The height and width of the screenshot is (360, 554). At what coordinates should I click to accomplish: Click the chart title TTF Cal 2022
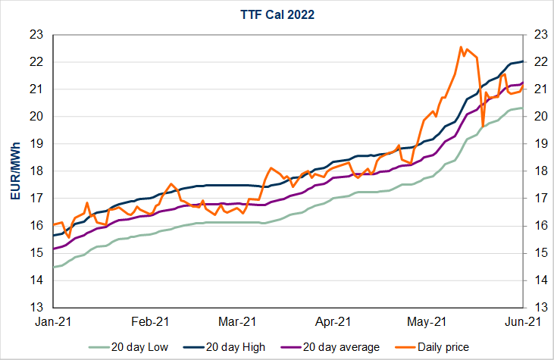click(x=277, y=14)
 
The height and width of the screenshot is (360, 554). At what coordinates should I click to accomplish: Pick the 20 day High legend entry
click(x=232, y=347)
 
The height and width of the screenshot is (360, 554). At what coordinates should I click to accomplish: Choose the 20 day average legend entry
click(x=330, y=347)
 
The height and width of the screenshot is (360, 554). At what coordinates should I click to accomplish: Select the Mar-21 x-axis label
click(x=240, y=321)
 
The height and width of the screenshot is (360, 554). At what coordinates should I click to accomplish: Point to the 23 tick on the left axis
click(x=36, y=34)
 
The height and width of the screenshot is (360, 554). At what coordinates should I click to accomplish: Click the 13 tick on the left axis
click(x=36, y=308)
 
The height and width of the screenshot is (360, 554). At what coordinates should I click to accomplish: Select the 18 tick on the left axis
click(x=36, y=171)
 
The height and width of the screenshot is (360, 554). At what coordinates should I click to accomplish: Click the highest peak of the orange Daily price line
click(x=461, y=47)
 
